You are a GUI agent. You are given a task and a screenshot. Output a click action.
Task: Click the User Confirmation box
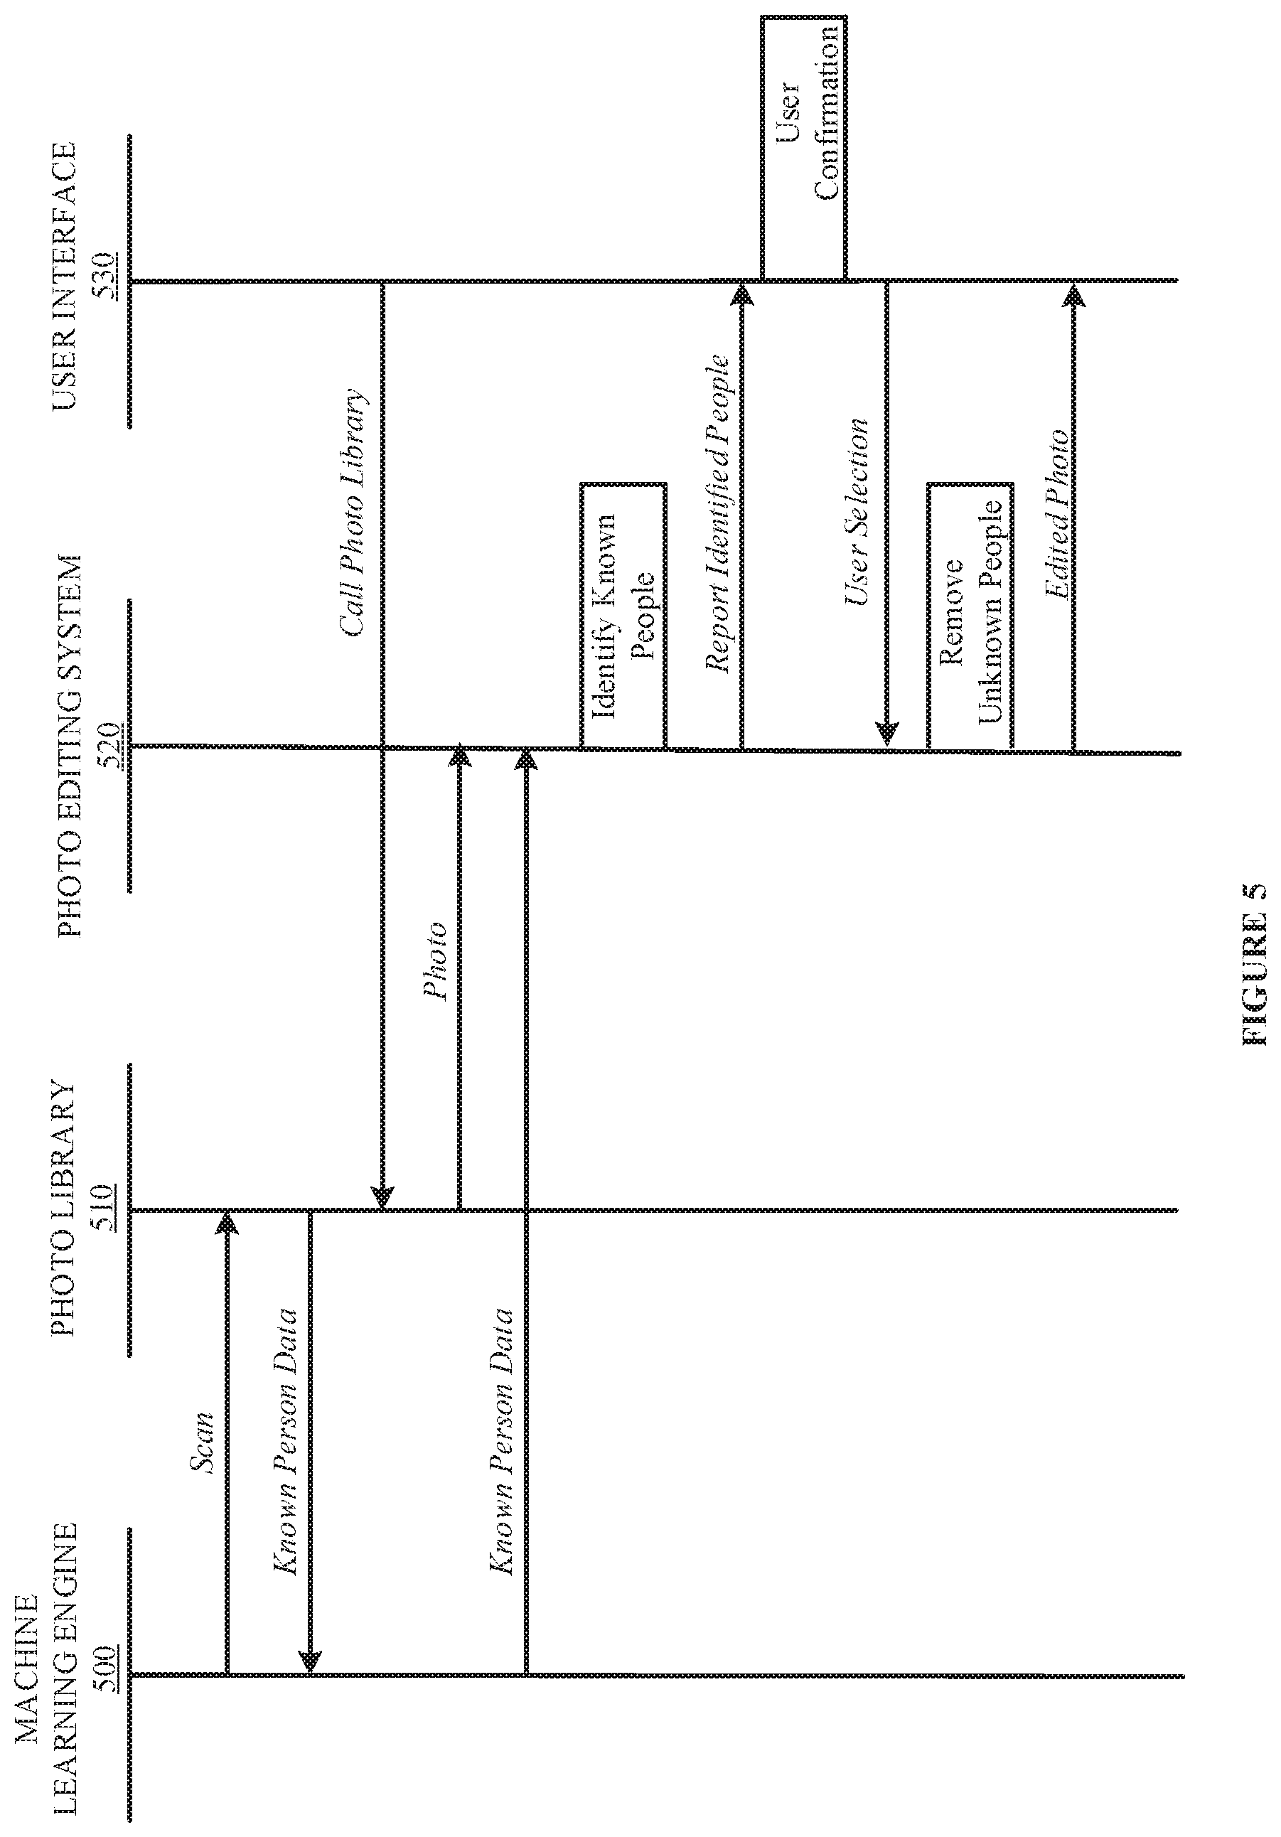pyautogui.click(x=803, y=148)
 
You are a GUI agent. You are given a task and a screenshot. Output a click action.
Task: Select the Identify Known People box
pyautogui.click(x=623, y=616)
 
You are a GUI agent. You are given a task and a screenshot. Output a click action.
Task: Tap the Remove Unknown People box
pyautogui.click(x=970, y=616)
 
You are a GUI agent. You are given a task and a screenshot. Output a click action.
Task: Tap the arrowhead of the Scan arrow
pyautogui.click(x=227, y=1219)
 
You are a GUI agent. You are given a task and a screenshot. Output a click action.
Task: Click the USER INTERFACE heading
pyautogui.click(x=65, y=275)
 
